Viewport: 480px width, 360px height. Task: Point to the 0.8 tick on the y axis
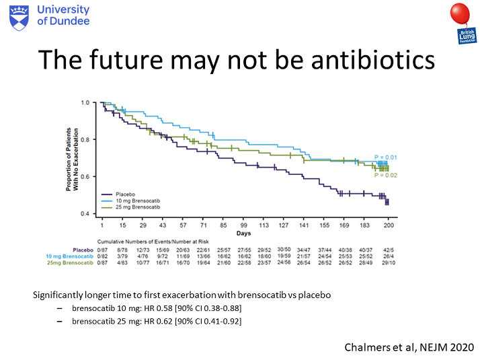(x=85, y=140)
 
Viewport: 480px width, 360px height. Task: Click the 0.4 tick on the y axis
(x=85, y=214)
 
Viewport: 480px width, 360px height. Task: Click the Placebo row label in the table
(x=83, y=250)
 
